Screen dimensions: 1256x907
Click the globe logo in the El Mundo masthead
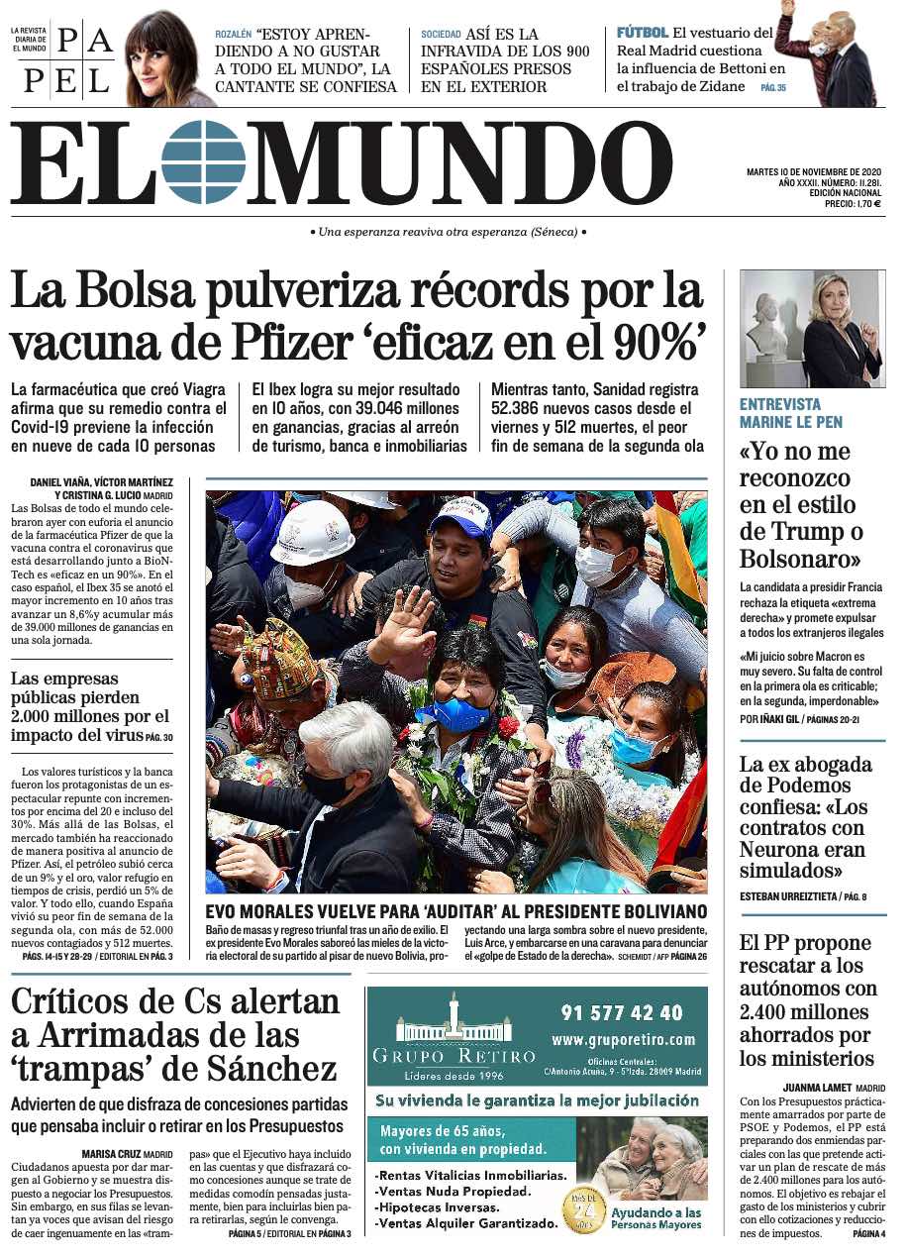[x=203, y=161]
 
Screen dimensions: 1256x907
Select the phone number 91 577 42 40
[x=622, y=1012]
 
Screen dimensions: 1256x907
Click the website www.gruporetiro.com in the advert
[x=623, y=1039]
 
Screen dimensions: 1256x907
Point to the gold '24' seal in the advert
[x=584, y=1209]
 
